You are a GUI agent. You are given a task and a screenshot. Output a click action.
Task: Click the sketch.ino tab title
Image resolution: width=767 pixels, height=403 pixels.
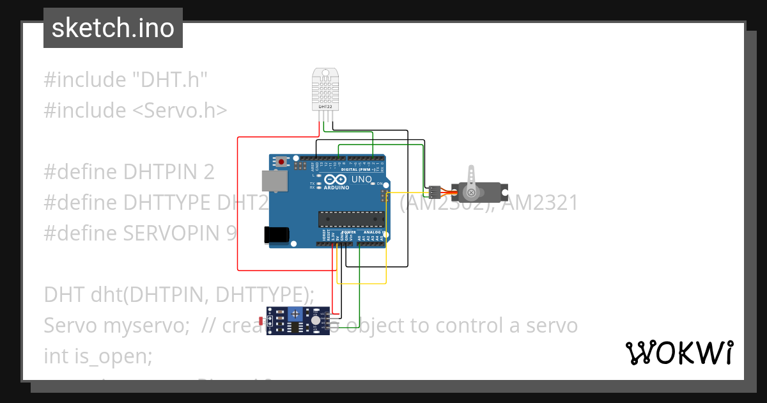pos(112,28)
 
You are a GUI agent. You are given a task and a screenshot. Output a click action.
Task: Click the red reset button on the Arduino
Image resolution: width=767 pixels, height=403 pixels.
pos(281,162)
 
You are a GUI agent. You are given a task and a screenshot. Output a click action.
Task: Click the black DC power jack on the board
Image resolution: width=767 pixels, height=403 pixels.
pos(277,235)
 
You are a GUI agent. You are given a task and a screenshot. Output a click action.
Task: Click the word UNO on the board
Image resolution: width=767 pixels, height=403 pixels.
pos(361,180)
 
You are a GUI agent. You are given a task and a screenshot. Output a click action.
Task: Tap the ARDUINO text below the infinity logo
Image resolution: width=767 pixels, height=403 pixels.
pos(336,188)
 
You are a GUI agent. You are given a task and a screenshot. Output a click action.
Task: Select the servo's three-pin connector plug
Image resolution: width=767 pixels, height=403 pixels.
pos(435,191)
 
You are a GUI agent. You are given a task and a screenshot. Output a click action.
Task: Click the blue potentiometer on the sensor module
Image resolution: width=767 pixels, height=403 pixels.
pos(295,313)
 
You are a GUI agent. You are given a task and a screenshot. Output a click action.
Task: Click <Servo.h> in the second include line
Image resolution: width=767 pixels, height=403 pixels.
pos(180,111)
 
